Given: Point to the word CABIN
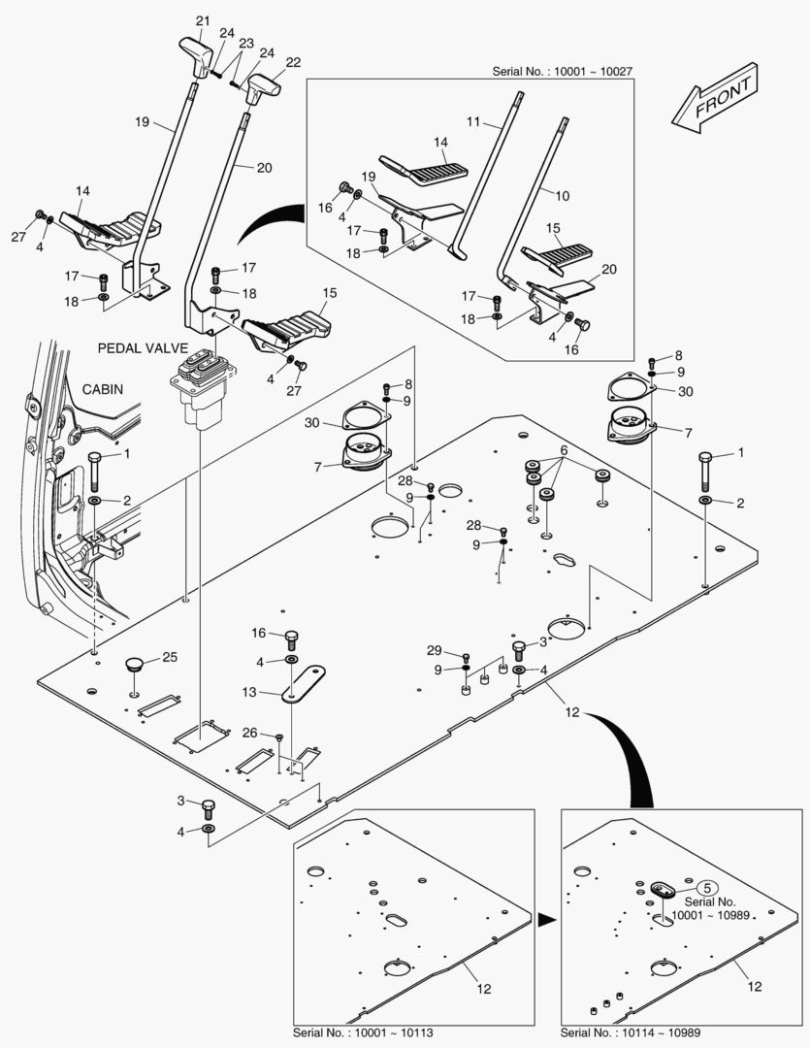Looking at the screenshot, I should click(x=104, y=388).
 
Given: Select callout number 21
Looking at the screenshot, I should click(x=202, y=20).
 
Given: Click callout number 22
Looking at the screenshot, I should click(x=293, y=60).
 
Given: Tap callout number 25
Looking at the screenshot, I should click(x=170, y=657).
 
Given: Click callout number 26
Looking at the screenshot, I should click(x=250, y=733).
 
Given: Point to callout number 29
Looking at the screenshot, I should click(x=434, y=649).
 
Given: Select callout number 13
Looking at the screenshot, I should click(x=250, y=692).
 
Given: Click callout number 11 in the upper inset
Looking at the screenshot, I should click(x=473, y=121).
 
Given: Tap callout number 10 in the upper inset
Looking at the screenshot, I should click(x=563, y=195).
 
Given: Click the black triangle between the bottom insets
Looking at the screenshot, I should click(x=546, y=917).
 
